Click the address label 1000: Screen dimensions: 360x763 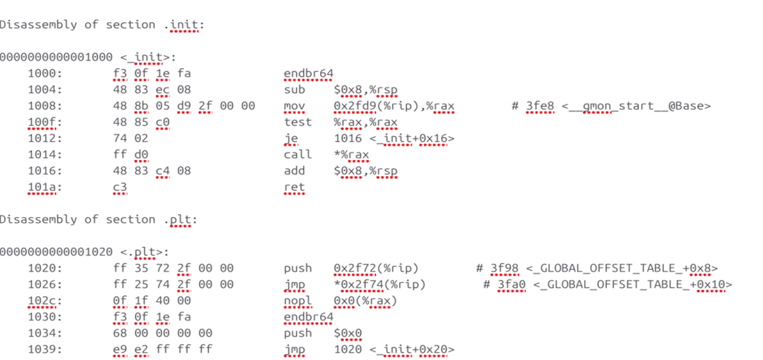(x=45, y=73)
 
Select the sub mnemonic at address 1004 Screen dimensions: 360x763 (x=294, y=89)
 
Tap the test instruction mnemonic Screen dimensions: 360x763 (x=298, y=122)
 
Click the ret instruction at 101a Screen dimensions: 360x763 (x=294, y=187)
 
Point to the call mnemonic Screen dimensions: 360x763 (x=298, y=154)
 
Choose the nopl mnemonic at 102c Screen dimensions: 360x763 (x=298, y=300)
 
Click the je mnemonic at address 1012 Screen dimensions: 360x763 (x=291, y=138)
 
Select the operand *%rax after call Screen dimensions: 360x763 (x=351, y=154)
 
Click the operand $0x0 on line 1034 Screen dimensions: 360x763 (x=348, y=332)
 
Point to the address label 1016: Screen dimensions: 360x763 (x=45, y=171)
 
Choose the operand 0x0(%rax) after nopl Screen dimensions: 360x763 (x=365, y=300)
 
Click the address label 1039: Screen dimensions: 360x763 (x=45, y=349)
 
